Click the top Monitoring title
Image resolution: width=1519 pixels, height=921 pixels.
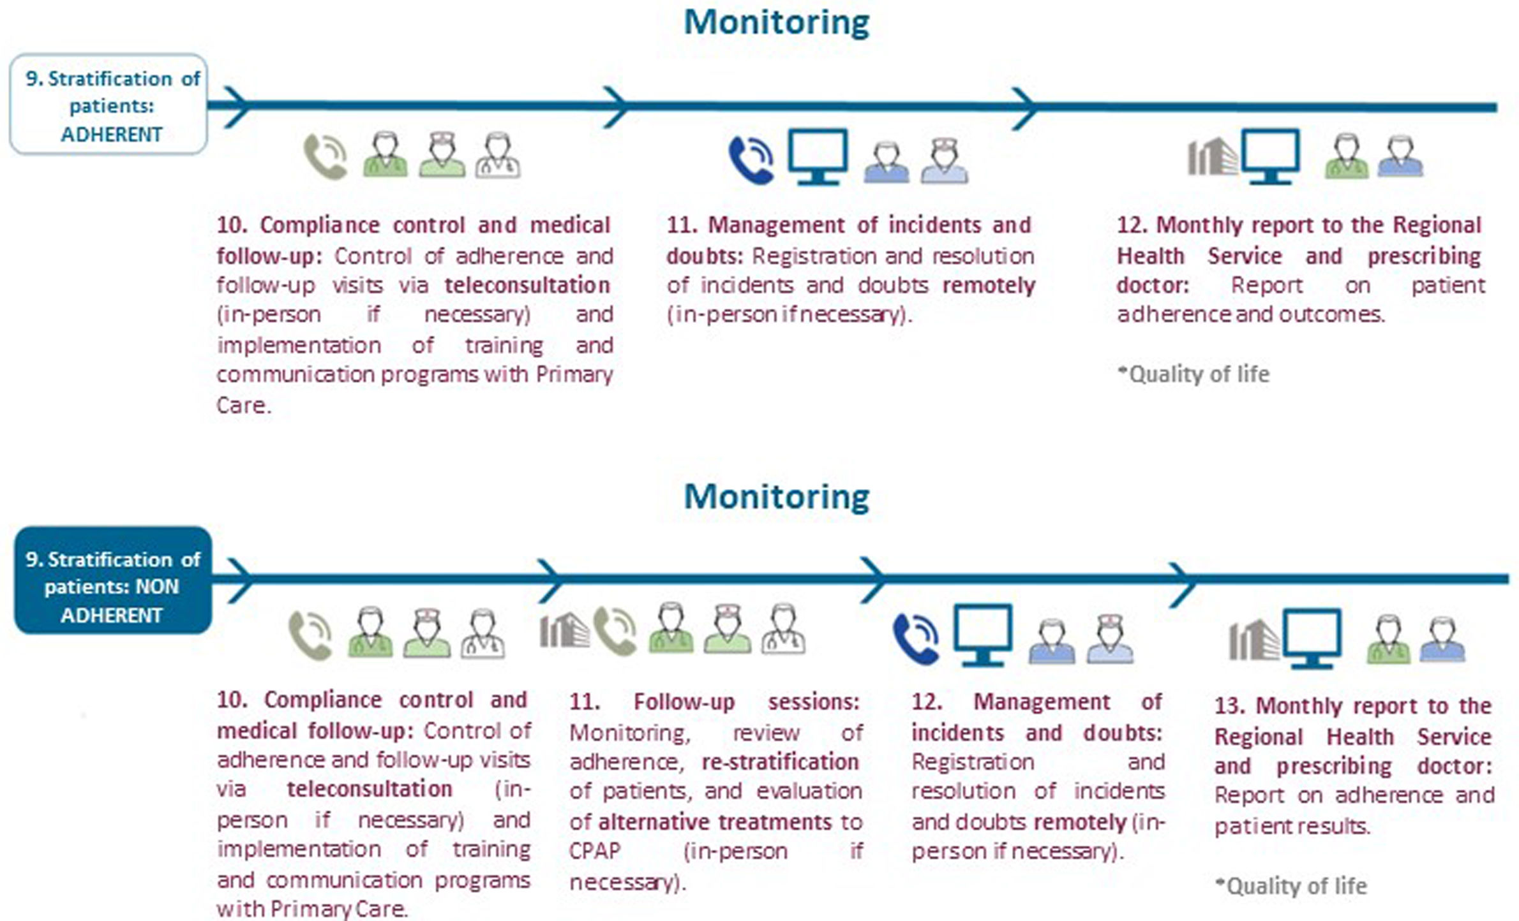coord(776,23)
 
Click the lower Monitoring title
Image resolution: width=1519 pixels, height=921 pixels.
coord(776,497)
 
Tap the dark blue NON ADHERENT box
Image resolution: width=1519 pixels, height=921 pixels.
coord(112,580)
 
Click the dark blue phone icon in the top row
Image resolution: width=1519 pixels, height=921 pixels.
coord(751,159)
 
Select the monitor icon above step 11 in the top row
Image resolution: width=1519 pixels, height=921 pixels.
coord(818,156)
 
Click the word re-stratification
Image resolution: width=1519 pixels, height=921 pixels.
coord(780,762)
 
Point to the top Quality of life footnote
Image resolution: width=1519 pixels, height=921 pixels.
coord(1193,374)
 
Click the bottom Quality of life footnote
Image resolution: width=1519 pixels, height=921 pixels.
coord(1291,886)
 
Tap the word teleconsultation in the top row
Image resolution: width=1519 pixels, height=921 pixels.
coord(527,285)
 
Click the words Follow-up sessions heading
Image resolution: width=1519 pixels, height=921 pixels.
coord(746,702)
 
